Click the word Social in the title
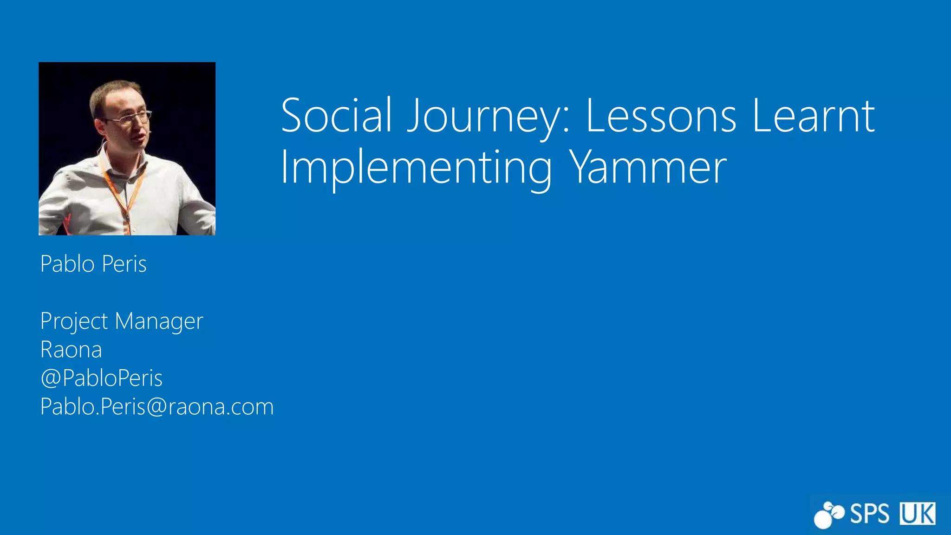point(337,115)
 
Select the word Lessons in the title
point(661,115)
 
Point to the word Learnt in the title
point(813,115)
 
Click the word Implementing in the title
point(416,168)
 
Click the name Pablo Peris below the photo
point(93,264)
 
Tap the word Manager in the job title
point(159,321)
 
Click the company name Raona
point(71,350)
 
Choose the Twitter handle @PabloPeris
point(101,378)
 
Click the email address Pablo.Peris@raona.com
point(157,407)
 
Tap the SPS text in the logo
point(869,514)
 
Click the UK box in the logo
point(918,514)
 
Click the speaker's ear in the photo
point(99,125)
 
